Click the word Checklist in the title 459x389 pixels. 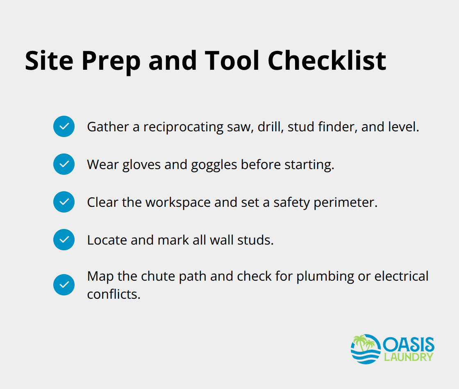pos(327,61)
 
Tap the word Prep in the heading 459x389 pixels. pos(111,61)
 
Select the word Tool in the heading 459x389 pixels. pos(232,61)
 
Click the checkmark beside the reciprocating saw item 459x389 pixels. pos(64,126)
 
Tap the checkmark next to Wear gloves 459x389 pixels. pos(64,164)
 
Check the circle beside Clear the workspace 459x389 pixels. pos(64,202)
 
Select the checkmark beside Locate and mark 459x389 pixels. pos(64,240)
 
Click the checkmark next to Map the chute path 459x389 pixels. pos(64,285)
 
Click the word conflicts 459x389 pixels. pos(114,294)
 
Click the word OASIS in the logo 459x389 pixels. pos(408,344)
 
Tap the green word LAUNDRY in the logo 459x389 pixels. pos(408,357)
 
